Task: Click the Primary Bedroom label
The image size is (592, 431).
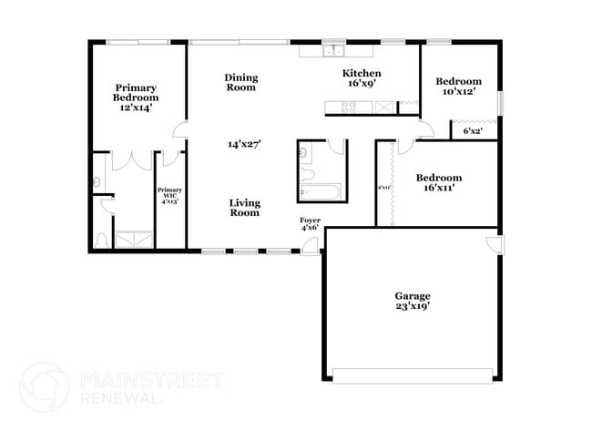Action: tap(136, 97)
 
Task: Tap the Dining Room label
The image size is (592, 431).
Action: tap(241, 82)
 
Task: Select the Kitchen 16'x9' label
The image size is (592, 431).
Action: tap(361, 77)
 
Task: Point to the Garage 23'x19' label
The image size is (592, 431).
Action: tap(412, 302)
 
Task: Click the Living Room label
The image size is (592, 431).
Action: tap(244, 207)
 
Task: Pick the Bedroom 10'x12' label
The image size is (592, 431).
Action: tap(458, 87)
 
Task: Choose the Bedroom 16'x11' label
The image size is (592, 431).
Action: tap(438, 182)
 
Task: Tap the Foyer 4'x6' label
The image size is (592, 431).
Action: tap(311, 225)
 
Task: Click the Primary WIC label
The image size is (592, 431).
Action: tap(170, 195)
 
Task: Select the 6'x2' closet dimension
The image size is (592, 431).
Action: tap(473, 132)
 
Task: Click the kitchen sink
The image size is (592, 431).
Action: tap(337, 51)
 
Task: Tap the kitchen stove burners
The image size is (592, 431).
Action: tap(348, 107)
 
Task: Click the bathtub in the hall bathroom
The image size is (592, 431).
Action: tap(320, 191)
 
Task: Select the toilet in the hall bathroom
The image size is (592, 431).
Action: tap(307, 172)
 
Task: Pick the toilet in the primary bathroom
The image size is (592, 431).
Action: tap(102, 241)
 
